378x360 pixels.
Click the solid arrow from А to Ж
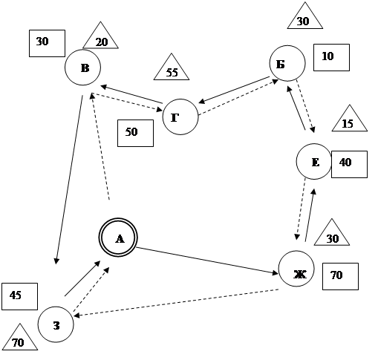(207, 261)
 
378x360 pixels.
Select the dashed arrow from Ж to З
(176, 303)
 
